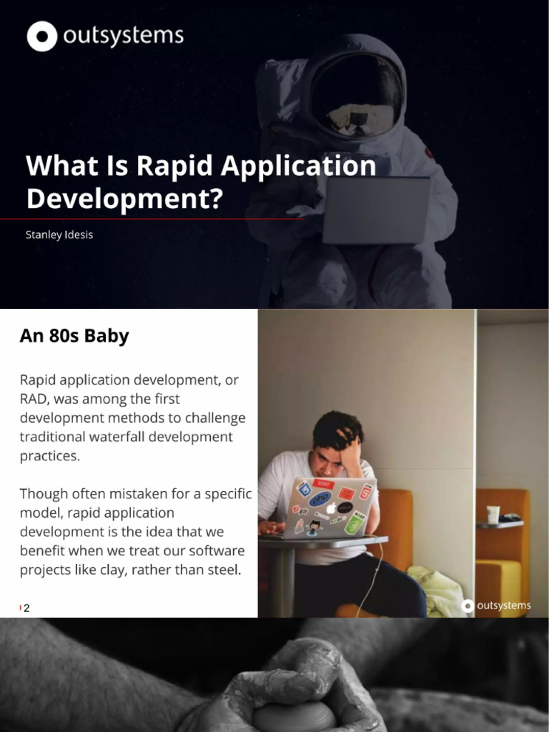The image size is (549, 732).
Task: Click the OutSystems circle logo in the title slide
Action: (41, 36)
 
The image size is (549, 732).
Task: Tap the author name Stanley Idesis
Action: (59, 234)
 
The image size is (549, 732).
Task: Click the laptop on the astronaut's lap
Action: (376, 209)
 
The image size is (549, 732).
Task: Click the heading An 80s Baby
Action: (74, 336)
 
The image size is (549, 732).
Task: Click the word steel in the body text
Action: (225, 569)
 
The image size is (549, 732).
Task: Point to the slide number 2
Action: (26, 608)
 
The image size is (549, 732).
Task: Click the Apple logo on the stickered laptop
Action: (331, 508)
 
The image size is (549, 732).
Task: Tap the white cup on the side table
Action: (493, 514)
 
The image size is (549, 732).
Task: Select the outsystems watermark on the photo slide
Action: (497, 605)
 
